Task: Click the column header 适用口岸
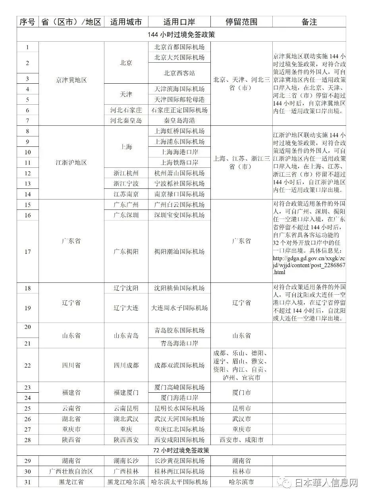[x=179, y=22]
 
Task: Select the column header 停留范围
[x=241, y=22]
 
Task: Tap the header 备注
[x=309, y=22]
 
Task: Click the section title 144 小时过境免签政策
[x=181, y=35]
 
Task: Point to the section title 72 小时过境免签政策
[x=181, y=451]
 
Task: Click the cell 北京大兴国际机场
[x=179, y=58]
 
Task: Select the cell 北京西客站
[x=179, y=73]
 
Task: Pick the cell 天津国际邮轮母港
[x=179, y=99]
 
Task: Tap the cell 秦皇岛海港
[x=179, y=120]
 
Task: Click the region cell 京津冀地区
[x=71, y=80]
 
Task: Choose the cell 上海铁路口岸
[x=179, y=162]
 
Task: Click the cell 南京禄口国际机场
[x=179, y=194]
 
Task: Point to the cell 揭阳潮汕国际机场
[x=179, y=251]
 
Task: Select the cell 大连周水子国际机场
[x=179, y=308]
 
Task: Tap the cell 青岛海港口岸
[x=179, y=343]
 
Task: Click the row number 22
[x=27, y=365]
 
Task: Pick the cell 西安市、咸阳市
[x=241, y=440]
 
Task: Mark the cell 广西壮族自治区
[x=71, y=471]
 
